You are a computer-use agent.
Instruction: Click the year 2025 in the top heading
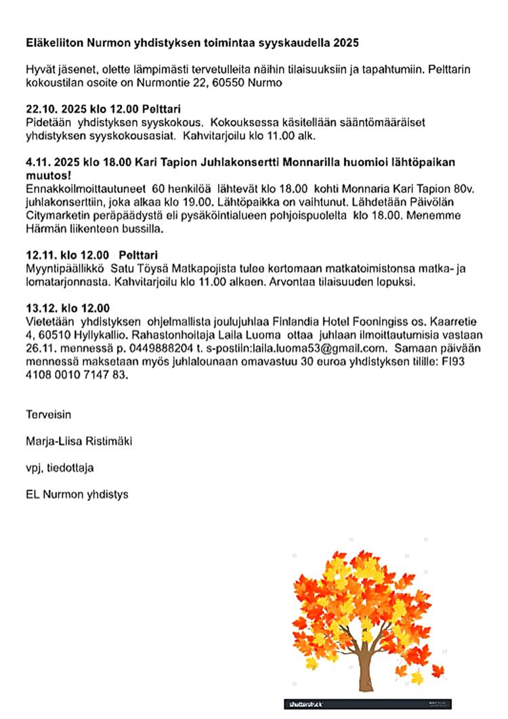345,43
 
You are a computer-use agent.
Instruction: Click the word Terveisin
49,413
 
